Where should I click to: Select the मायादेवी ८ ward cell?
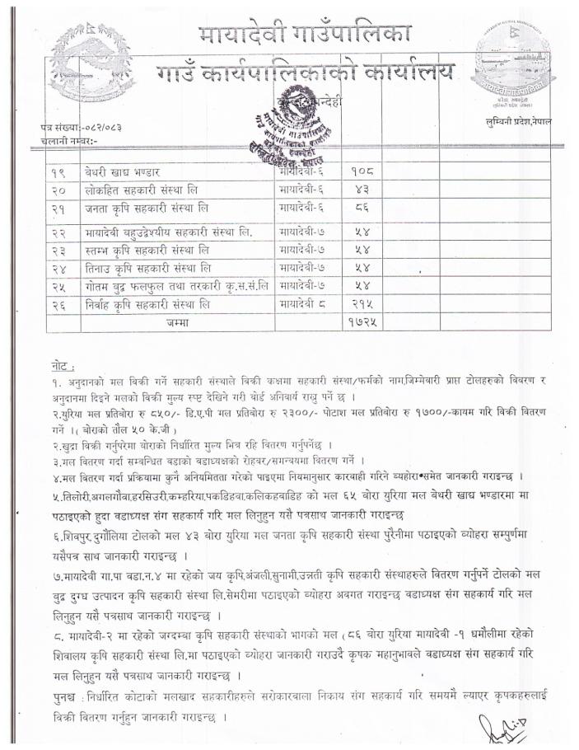point(304,303)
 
